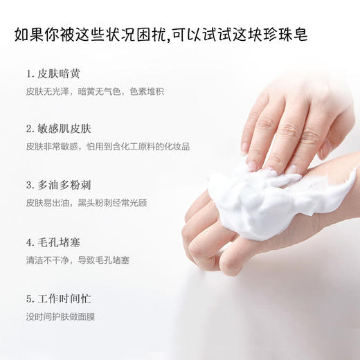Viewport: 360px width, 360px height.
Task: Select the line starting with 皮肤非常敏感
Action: (107, 147)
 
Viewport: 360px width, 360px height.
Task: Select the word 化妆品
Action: (177, 147)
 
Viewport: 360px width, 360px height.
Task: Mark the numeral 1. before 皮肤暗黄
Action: (30, 73)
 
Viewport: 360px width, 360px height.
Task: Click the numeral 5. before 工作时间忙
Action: (30, 299)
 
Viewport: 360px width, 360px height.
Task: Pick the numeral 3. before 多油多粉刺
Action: (30, 186)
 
